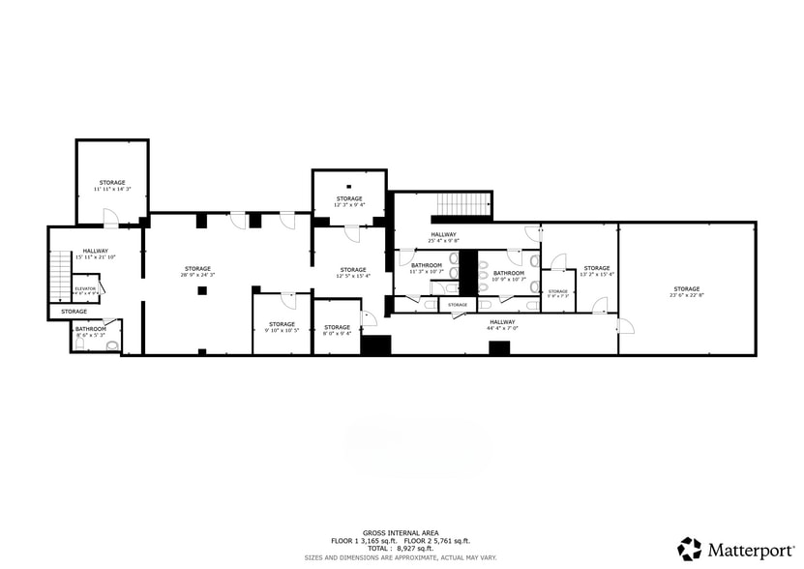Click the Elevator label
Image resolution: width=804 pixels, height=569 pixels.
pyautogui.click(x=85, y=288)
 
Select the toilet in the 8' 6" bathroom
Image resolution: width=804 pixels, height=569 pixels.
pyautogui.click(x=112, y=344)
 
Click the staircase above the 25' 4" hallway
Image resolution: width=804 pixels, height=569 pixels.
pyautogui.click(x=461, y=205)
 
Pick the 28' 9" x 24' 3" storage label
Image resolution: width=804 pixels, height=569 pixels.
pyautogui.click(x=198, y=272)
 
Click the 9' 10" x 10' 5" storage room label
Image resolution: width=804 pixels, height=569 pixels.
pyautogui.click(x=282, y=327)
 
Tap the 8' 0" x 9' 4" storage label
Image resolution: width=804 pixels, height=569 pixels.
pyautogui.click(x=337, y=330)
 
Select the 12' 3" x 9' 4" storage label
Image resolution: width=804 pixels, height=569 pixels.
pyautogui.click(x=349, y=201)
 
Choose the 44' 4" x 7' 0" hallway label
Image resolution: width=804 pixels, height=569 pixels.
pyautogui.click(x=501, y=325)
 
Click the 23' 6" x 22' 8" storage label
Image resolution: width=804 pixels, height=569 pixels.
pyautogui.click(x=686, y=291)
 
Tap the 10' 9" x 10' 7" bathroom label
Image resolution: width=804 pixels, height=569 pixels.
pyautogui.click(x=509, y=276)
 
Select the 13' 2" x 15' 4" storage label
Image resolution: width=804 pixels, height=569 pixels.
pyautogui.click(x=597, y=271)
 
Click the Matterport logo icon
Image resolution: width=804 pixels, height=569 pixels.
pyautogui.click(x=690, y=549)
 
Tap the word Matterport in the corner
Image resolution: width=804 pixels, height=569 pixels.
pyautogui.click(x=750, y=550)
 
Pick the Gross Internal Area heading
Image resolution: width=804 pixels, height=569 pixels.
pyautogui.click(x=402, y=532)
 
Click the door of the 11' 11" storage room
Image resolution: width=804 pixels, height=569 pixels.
pyautogui.click(x=111, y=218)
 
